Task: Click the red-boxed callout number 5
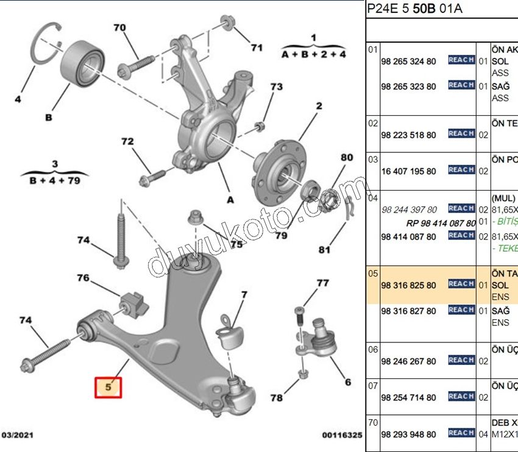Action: [108, 387]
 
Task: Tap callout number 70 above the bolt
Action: [119, 27]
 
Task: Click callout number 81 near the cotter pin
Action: [324, 249]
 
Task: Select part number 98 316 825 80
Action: [408, 285]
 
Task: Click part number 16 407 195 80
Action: [408, 171]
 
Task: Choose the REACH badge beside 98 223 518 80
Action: [461, 133]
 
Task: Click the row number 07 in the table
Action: [372, 385]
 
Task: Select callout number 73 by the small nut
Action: [276, 87]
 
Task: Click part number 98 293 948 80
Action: [408, 434]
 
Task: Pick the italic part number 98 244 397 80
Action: [408, 210]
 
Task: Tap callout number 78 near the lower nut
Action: [277, 398]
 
